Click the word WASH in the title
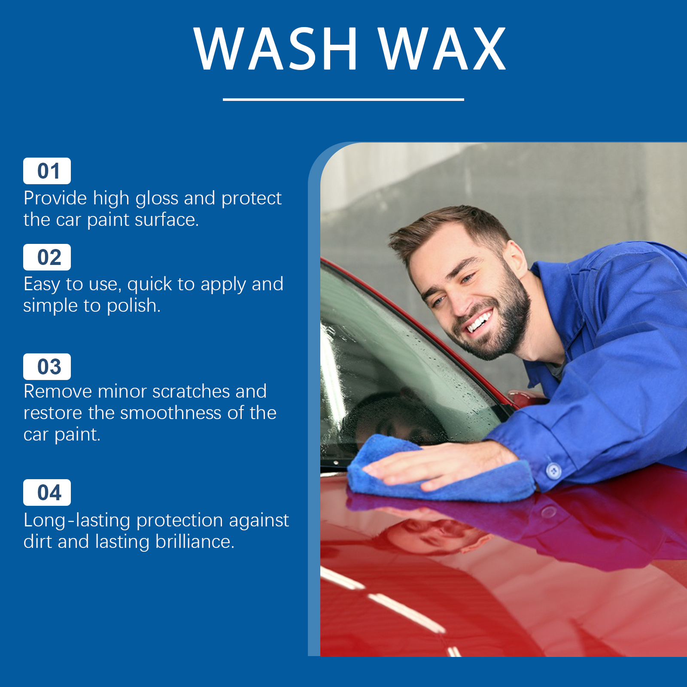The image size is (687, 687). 276,48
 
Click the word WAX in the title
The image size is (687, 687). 442,48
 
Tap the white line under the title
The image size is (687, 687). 343,99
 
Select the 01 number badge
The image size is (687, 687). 47,171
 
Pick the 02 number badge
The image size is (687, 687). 47,257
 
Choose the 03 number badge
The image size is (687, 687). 47,367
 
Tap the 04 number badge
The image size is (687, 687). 47,492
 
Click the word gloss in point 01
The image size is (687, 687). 157,199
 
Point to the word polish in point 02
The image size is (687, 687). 134,306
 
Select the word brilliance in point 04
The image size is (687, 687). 195,541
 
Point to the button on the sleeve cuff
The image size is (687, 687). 553,471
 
